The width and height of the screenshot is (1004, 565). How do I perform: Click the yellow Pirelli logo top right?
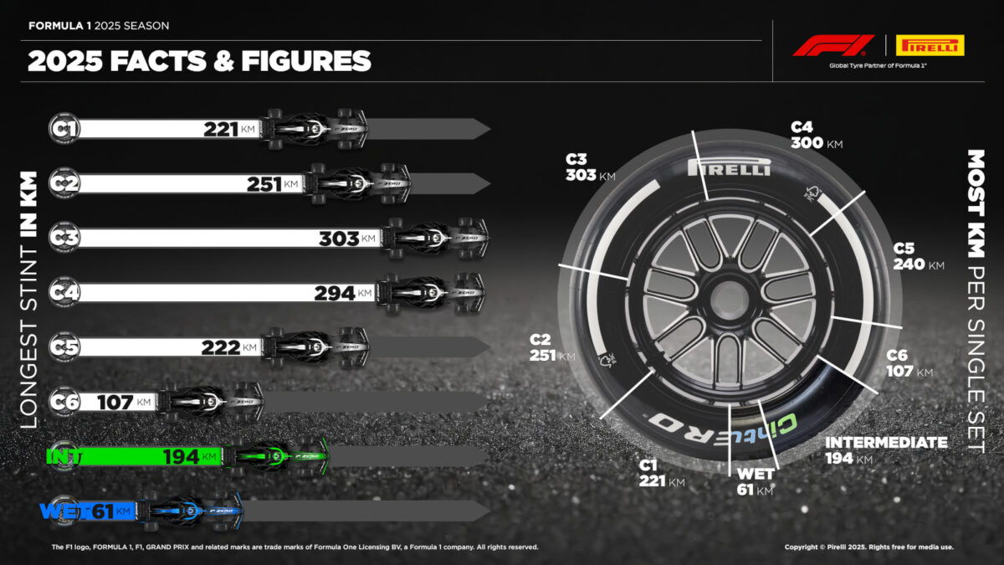pyautogui.click(x=930, y=45)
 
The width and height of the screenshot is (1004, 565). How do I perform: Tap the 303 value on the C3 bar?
pyautogui.click(x=339, y=239)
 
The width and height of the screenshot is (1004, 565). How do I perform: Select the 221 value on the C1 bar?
pyautogui.click(x=223, y=129)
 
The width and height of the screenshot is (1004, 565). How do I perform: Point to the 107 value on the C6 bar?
pyautogui.click(x=115, y=403)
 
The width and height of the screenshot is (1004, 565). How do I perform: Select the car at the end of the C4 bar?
pyautogui.click(x=430, y=293)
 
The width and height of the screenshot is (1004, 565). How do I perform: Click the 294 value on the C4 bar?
pyautogui.click(x=335, y=293)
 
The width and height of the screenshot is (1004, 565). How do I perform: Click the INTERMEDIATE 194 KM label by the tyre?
pyautogui.click(x=886, y=449)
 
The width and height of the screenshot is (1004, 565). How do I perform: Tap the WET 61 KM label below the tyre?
pyautogui.click(x=752, y=482)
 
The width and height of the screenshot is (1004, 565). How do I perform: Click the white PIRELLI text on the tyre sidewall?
pyautogui.click(x=729, y=168)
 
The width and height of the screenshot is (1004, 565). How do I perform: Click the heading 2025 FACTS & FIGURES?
pyautogui.click(x=199, y=61)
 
